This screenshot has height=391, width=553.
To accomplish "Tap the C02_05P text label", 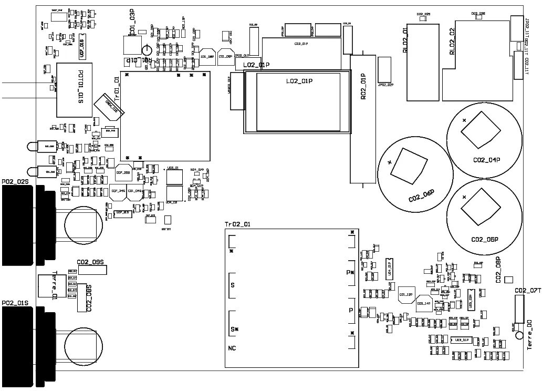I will tap(485, 239).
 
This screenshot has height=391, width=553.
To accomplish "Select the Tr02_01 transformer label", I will tap(237, 224).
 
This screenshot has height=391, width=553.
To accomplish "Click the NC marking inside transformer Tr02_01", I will tap(232, 348).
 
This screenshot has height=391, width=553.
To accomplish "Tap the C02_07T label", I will tap(528, 290).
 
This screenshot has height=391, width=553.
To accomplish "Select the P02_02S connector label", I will tap(15, 181).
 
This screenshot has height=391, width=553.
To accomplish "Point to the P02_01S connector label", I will tap(15, 303).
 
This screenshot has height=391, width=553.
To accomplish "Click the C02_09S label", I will tap(90, 262).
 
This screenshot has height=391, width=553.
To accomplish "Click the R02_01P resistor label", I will tap(362, 86).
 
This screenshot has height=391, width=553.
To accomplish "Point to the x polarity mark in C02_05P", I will tap(464, 197).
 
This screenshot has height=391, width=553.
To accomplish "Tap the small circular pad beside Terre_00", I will tap(518, 335).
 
